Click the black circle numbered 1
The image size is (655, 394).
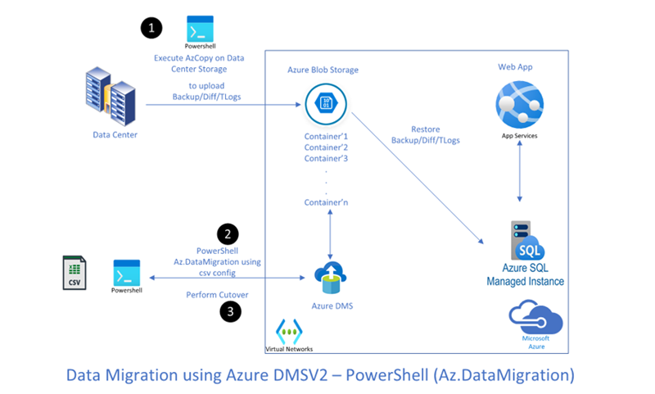(x=151, y=29)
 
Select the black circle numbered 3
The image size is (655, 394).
(x=230, y=311)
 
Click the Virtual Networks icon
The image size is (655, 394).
(x=288, y=331)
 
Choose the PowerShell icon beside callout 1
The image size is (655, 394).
(x=200, y=29)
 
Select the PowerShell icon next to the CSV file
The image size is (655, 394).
(x=127, y=273)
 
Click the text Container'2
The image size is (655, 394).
(x=327, y=147)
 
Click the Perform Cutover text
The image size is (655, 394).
(x=217, y=294)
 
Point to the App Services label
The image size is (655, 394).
(x=520, y=135)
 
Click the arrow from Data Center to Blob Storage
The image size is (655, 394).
(x=221, y=105)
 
